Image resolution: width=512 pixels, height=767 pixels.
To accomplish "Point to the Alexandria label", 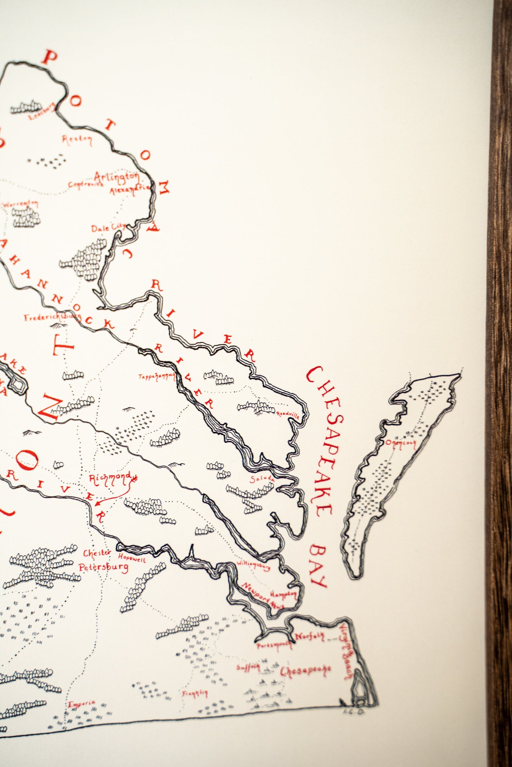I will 130,190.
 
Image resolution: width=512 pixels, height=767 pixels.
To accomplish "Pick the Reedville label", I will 288,414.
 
